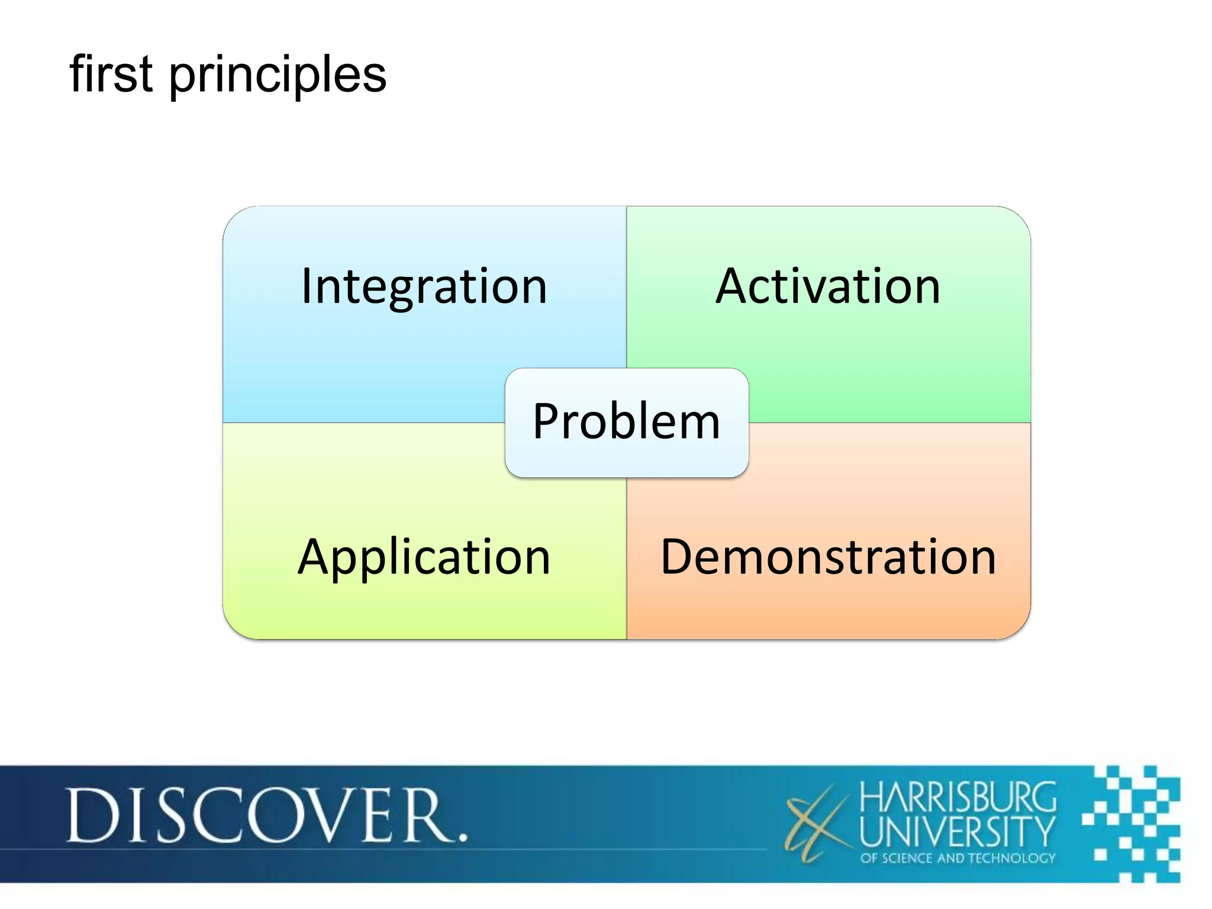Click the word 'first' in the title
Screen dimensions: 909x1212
(x=111, y=74)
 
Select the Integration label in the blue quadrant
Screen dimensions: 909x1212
(x=424, y=287)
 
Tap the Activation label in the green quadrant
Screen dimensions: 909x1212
(x=828, y=287)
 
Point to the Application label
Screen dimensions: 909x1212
(x=424, y=557)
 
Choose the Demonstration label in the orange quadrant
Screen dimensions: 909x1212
(x=828, y=557)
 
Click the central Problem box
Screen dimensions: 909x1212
(x=627, y=422)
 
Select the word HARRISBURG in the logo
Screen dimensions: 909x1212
(x=958, y=797)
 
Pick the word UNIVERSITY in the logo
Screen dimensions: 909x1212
(x=958, y=831)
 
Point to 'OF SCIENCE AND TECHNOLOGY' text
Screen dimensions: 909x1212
(x=958, y=858)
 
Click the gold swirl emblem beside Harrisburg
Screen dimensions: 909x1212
(x=817, y=823)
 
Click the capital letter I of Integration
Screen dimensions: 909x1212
(x=306, y=286)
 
